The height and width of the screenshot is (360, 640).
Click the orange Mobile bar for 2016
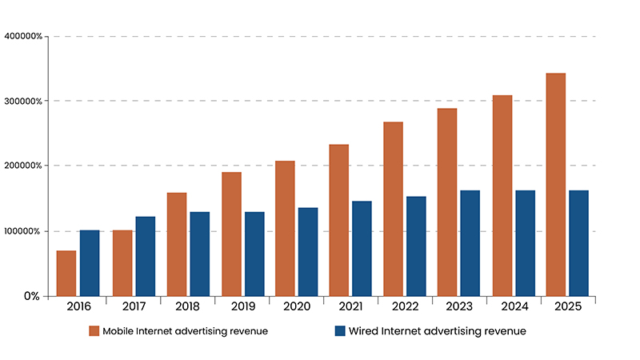(66, 274)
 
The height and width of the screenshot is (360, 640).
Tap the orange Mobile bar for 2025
(556, 185)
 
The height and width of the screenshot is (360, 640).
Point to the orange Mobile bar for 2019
(231, 234)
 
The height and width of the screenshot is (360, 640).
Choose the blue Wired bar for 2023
(470, 243)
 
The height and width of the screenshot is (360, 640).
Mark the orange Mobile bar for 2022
(393, 209)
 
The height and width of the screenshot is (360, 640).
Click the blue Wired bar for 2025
(578, 243)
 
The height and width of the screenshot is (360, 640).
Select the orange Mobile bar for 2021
(338, 220)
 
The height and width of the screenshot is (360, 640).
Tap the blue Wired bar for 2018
(199, 254)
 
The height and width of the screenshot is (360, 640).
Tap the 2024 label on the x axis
(513, 306)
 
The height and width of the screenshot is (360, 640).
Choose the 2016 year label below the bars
(78, 306)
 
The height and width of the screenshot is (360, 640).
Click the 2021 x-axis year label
(350, 306)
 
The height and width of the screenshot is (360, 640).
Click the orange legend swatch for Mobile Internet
(94, 331)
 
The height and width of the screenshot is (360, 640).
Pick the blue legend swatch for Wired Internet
(339, 331)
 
